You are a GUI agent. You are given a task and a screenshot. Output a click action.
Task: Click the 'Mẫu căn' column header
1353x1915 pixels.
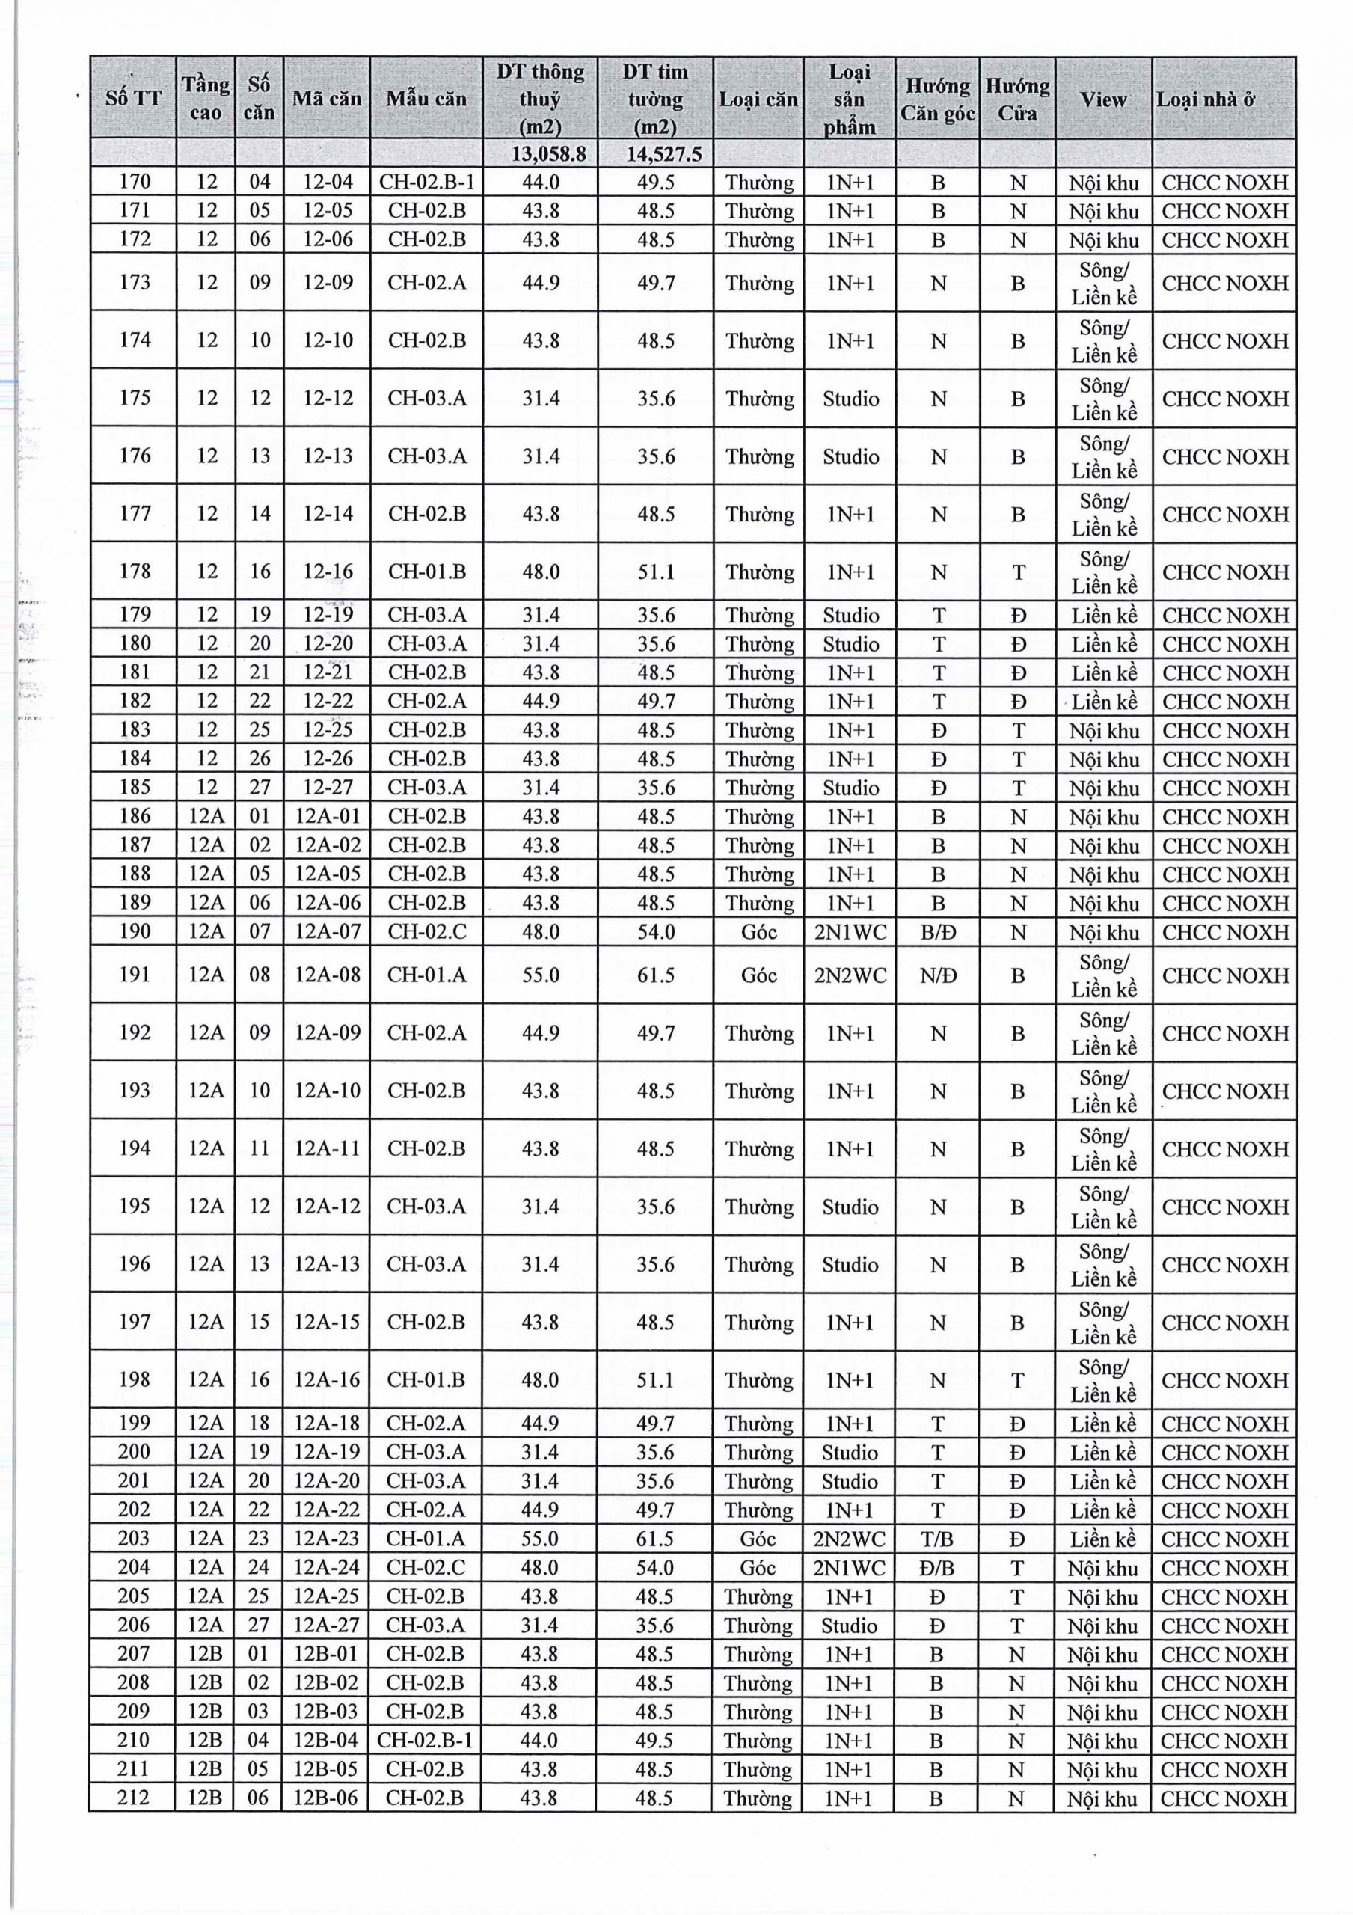click(x=426, y=99)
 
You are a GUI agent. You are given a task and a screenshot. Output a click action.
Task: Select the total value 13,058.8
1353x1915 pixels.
click(x=541, y=153)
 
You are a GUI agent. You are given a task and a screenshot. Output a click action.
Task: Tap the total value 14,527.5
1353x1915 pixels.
click(x=656, y=153)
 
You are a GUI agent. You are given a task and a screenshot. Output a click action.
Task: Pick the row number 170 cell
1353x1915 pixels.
click(x=135, y=182)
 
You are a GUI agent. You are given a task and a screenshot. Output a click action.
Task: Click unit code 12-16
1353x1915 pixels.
click(x=327, y=572)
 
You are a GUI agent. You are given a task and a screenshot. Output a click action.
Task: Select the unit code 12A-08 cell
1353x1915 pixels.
click(x=327, y=974)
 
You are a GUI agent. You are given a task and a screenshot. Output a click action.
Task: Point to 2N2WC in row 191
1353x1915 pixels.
click(x=850, y=974)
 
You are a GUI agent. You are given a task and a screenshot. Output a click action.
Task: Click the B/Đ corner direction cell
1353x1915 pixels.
click(x=938, y=931)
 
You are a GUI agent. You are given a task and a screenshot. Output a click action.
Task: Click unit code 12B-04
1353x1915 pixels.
click(x=326, y=1741)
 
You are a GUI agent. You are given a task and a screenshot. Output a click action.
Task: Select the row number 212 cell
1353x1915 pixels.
click(x=133, y=1798)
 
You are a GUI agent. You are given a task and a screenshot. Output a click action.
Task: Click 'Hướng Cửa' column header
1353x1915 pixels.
click(x=1017, y=99)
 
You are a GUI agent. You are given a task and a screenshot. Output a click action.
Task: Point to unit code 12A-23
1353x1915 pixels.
click(x=327, y=1539)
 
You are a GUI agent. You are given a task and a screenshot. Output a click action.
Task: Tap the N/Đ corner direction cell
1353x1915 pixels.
click(x=938, y=974)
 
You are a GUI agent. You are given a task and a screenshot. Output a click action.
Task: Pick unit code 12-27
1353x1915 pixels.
click(x=327, y=788)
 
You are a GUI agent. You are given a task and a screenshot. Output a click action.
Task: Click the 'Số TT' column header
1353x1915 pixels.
click(x=133, y=99)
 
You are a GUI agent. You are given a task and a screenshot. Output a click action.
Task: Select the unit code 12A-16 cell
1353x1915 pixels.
click(x=327, y=1379)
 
